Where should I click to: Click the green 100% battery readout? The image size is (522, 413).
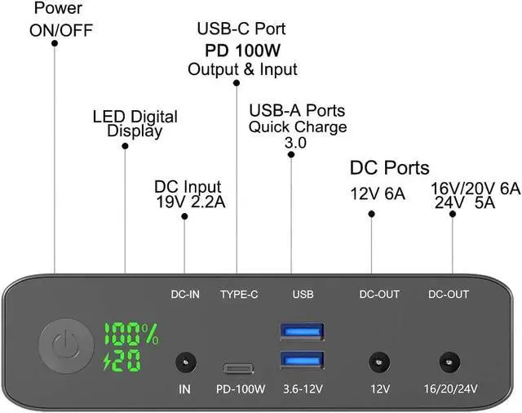(130, 333)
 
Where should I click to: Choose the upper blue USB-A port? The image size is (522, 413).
(302, 331)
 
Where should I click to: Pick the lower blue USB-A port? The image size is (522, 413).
(302, 359)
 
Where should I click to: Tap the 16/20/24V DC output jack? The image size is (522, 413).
(446, 360)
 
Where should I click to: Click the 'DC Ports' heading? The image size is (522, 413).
(389, 168)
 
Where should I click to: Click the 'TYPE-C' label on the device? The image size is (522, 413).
(239, 295)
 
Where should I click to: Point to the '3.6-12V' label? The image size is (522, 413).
(301, 389)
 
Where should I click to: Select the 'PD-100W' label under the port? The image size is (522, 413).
(241, 389)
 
